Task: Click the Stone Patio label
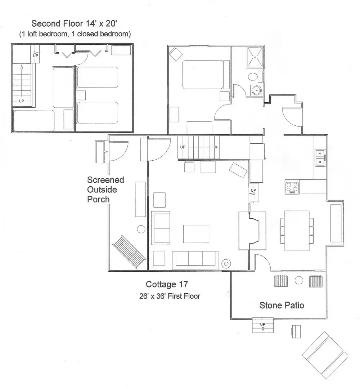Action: coord(282,306)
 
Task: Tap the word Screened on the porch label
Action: coord(105,179)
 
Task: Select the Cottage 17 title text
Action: coord(167,284)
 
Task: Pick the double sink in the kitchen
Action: coord(320,158)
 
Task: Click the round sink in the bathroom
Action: coord(256,90)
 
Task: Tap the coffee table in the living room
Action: coord(196,233)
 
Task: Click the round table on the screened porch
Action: coord(140,229)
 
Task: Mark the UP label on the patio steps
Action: coord(262,324)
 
